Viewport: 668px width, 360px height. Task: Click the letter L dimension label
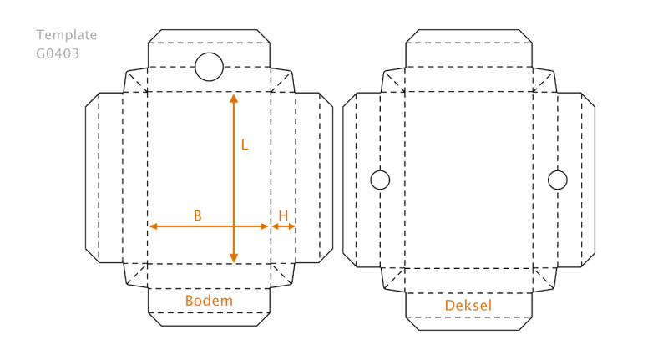tap(245, 145)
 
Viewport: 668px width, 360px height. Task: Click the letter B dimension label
tap(198, 215)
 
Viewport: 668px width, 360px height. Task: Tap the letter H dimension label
tap(283, 215)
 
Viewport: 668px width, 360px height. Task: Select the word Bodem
tap(209, 301)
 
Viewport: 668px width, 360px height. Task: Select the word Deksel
tap(468, 306)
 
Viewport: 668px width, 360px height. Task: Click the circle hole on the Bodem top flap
tap(209, 66)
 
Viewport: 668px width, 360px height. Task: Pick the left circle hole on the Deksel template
tap(380, 180)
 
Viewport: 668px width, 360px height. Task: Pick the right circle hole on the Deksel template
tap(558, 180)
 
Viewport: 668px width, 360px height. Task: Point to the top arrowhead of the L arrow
tap(234, 98)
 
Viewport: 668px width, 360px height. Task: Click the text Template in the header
tap(68, 35)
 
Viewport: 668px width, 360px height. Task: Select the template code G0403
tap(57, 53)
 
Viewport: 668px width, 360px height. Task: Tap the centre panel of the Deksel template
tap(468, 180)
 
